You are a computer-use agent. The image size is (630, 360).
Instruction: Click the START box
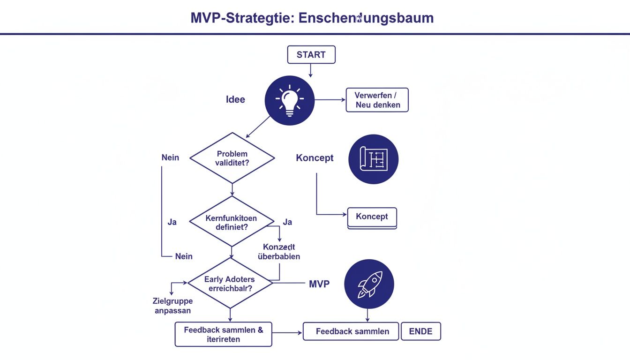311,55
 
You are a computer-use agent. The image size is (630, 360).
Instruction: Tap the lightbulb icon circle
289,100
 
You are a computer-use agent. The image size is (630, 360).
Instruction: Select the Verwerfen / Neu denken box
377,100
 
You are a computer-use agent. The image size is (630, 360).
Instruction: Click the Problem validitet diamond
232,158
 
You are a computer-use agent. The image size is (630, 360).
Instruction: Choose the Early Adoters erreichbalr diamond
230,284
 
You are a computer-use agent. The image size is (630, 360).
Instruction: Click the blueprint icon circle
373,159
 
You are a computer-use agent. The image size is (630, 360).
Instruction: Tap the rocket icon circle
369,284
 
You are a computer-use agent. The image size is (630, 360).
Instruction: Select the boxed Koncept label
372,217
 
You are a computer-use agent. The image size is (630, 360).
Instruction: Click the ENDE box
421,331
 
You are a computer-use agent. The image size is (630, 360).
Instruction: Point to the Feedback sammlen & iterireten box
223,334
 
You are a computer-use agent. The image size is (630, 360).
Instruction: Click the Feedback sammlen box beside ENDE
352,331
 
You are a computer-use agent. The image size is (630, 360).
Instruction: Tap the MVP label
319,284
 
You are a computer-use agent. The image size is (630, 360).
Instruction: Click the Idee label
235,99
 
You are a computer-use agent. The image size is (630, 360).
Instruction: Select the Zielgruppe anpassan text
172,306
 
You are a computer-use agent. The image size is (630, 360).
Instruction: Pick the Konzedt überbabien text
279,252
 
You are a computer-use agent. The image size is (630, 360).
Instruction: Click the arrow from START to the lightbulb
310,70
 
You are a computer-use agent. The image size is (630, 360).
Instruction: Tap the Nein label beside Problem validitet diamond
170,157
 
